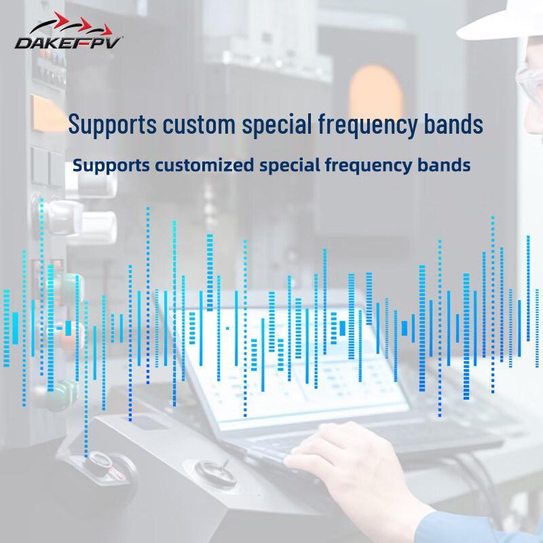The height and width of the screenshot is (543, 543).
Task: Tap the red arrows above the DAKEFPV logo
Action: (x=83, y=24)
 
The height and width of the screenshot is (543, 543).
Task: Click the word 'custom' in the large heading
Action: (x=199, y=124)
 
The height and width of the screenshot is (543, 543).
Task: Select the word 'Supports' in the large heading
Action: (x=112, y=126)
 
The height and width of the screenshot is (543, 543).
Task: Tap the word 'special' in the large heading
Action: (x=277, y=126)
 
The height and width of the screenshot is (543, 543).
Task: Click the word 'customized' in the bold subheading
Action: (x=204, y=165)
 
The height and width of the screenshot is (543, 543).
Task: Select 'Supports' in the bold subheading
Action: (x=111, y=166)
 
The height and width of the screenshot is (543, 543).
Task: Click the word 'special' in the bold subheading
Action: (x=290, y=166)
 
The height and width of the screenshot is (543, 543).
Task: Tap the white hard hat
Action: (x=502, y=21)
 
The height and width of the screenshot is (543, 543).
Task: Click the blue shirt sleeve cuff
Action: (x=481, y=527)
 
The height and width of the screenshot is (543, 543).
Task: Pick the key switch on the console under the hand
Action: (x=215, y=472)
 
